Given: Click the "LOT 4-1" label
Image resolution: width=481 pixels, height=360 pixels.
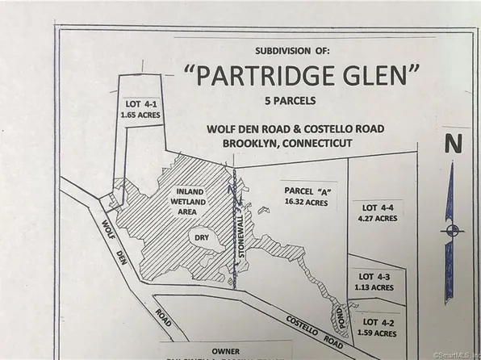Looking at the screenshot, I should click(142, 104).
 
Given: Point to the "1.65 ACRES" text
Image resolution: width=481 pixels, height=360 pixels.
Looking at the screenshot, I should click(142, 115).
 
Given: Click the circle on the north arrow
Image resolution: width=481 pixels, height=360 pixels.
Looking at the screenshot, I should click(452, 229).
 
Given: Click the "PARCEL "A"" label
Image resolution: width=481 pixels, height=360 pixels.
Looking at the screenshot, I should click(306, 190).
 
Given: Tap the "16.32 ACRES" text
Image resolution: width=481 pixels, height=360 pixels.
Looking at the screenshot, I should click(306, 202).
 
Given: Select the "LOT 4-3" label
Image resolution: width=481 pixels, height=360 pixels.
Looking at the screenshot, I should click(374, 275).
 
